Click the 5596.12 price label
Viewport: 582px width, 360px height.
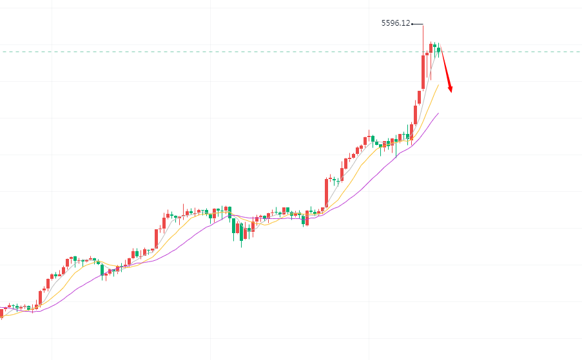[x=396, y=23]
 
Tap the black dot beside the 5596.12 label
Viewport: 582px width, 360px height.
[x=412, y=24]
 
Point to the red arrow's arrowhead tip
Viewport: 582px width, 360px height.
[x=451, y=93]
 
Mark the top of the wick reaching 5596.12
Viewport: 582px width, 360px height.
[x=423, y=24]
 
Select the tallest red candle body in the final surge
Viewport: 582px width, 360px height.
[x=423, y=71]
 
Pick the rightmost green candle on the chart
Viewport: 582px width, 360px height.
[x=438, y=49]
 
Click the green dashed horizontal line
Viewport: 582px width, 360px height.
[x=193, y=52]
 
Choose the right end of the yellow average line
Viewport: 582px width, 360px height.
[x=438, y=84]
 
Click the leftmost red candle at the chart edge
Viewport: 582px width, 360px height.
[x=2, y=312]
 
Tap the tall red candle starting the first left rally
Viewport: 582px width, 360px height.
[x=40, y=297]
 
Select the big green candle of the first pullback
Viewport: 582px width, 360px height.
[x=102, y=270]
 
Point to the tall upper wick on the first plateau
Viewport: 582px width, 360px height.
[x=184, y=210]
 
